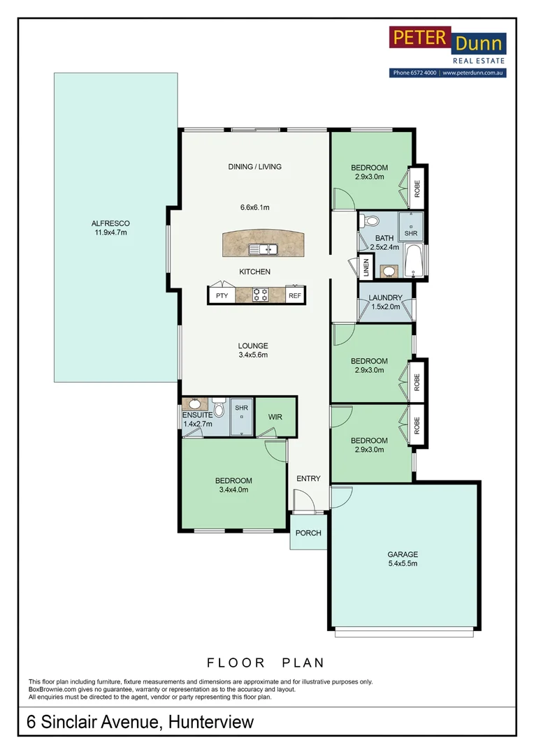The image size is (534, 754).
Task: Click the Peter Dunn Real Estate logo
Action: coord(447,52)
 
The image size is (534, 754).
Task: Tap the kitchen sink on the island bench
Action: coord(263,249)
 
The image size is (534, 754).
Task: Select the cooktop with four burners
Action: coord(261,295)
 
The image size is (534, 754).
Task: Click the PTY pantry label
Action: coord(222,295)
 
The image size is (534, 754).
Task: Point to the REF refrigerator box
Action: coord(295,296)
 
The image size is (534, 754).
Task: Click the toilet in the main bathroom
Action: coord(370,221)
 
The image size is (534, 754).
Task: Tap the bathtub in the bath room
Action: coord(414,260)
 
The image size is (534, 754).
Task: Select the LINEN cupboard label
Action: coord(366,267)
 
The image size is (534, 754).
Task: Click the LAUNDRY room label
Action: coord(385,297)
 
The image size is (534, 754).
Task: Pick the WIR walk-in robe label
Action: coord(275,417)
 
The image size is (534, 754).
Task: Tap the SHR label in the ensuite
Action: coord(242,408)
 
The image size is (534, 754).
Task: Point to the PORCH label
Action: coord(308,533)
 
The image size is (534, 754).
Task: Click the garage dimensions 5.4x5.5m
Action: coord(403,563)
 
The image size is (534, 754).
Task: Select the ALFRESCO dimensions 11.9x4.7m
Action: coord(110,232)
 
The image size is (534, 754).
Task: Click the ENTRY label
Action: coord(308,478)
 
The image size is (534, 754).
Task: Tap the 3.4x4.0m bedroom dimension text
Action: coord(233,489)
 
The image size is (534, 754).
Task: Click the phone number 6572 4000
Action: coord(424,73)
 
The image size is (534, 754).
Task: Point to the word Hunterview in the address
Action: coord(211,722)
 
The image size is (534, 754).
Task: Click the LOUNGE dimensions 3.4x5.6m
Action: coord(253,355)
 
